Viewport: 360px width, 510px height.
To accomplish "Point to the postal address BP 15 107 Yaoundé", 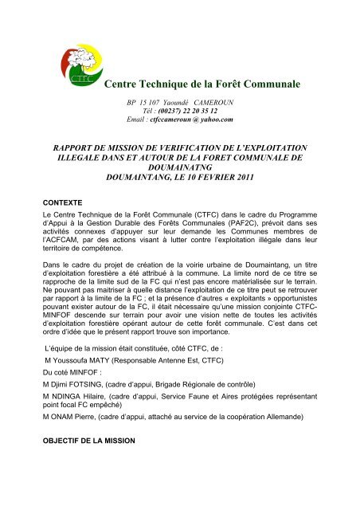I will pos(161,102).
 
